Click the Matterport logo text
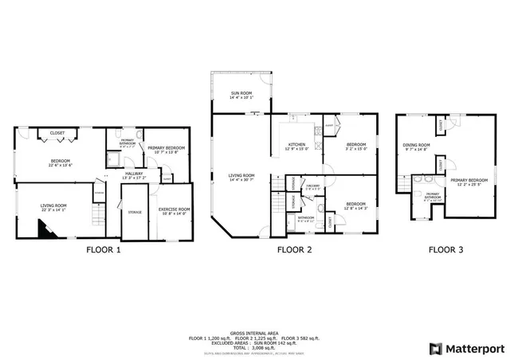(x=473, y=348)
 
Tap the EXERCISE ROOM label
(x=173, y=209)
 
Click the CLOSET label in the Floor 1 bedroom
(x=57, y=133)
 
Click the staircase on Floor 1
(x=100, y=192)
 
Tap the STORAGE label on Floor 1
(x=135, y=212)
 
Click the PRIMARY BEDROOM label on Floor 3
(x=469, y=180)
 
